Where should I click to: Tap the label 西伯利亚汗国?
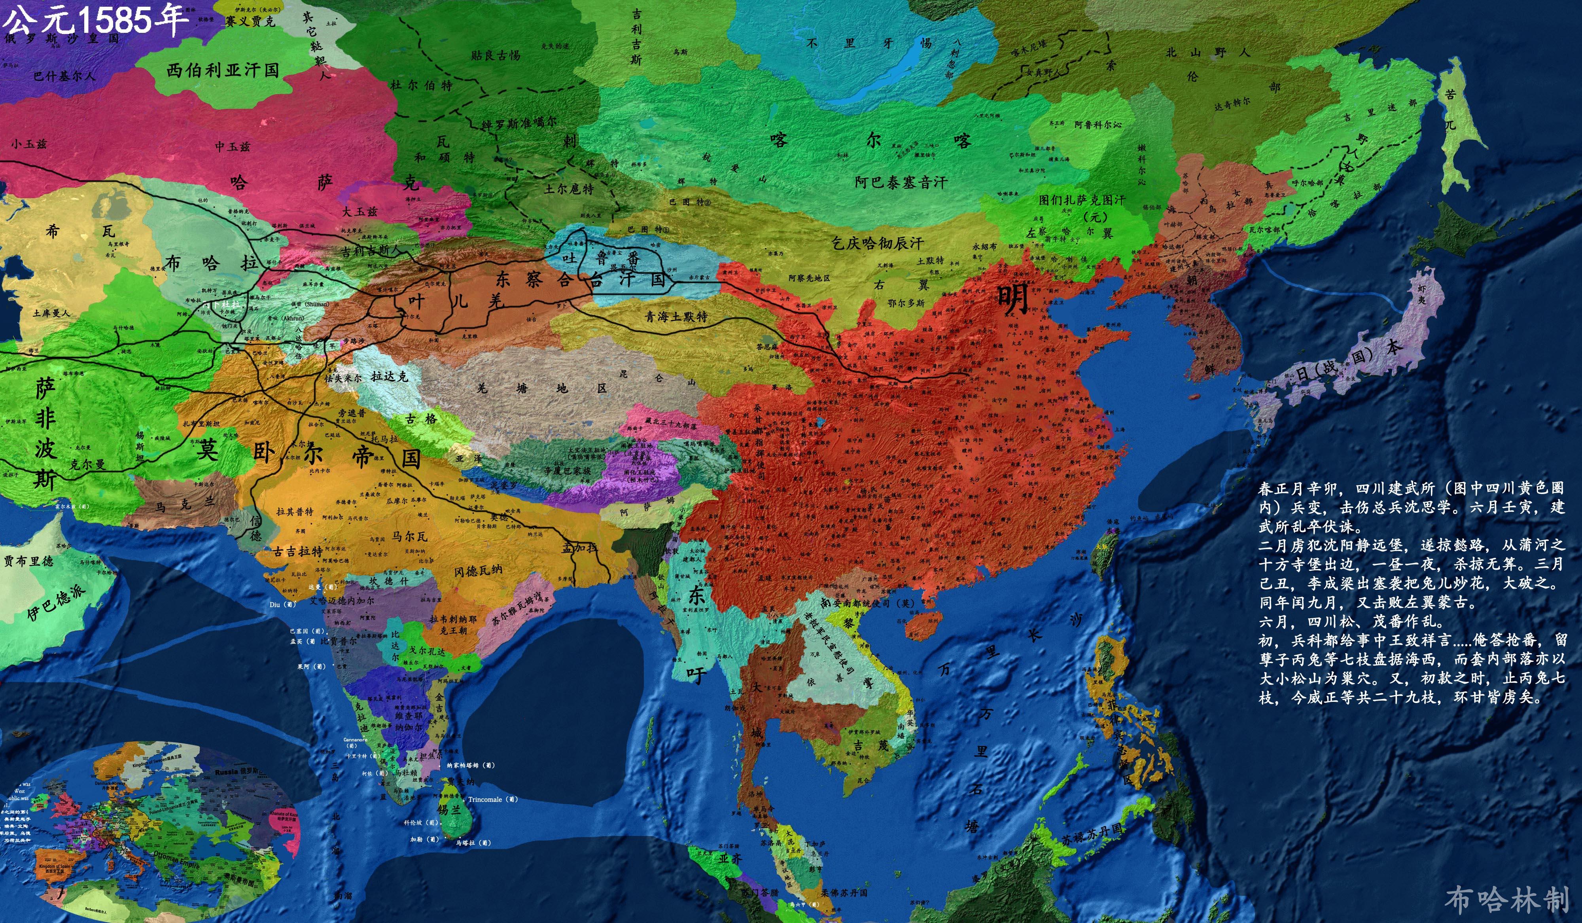[223, 70]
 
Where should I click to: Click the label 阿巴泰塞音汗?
[901, 182]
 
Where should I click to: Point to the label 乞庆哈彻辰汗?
[878, 243]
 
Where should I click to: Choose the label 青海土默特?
[676, 317]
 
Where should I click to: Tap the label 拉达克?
[389, 376]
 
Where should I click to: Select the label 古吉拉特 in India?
[298, 551]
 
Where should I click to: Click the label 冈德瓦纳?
[479, 571]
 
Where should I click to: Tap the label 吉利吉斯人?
[371, 250]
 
